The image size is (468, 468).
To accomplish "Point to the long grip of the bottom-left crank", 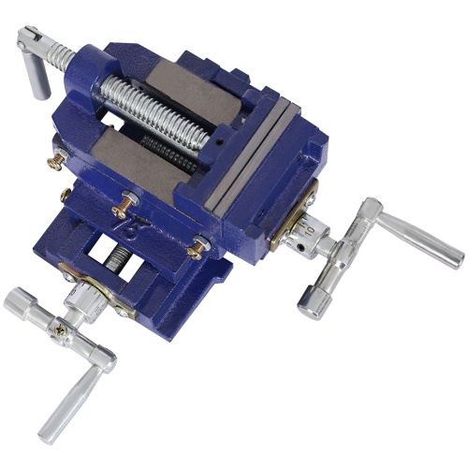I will point(70,403).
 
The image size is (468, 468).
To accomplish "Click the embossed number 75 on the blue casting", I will point(149,223).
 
